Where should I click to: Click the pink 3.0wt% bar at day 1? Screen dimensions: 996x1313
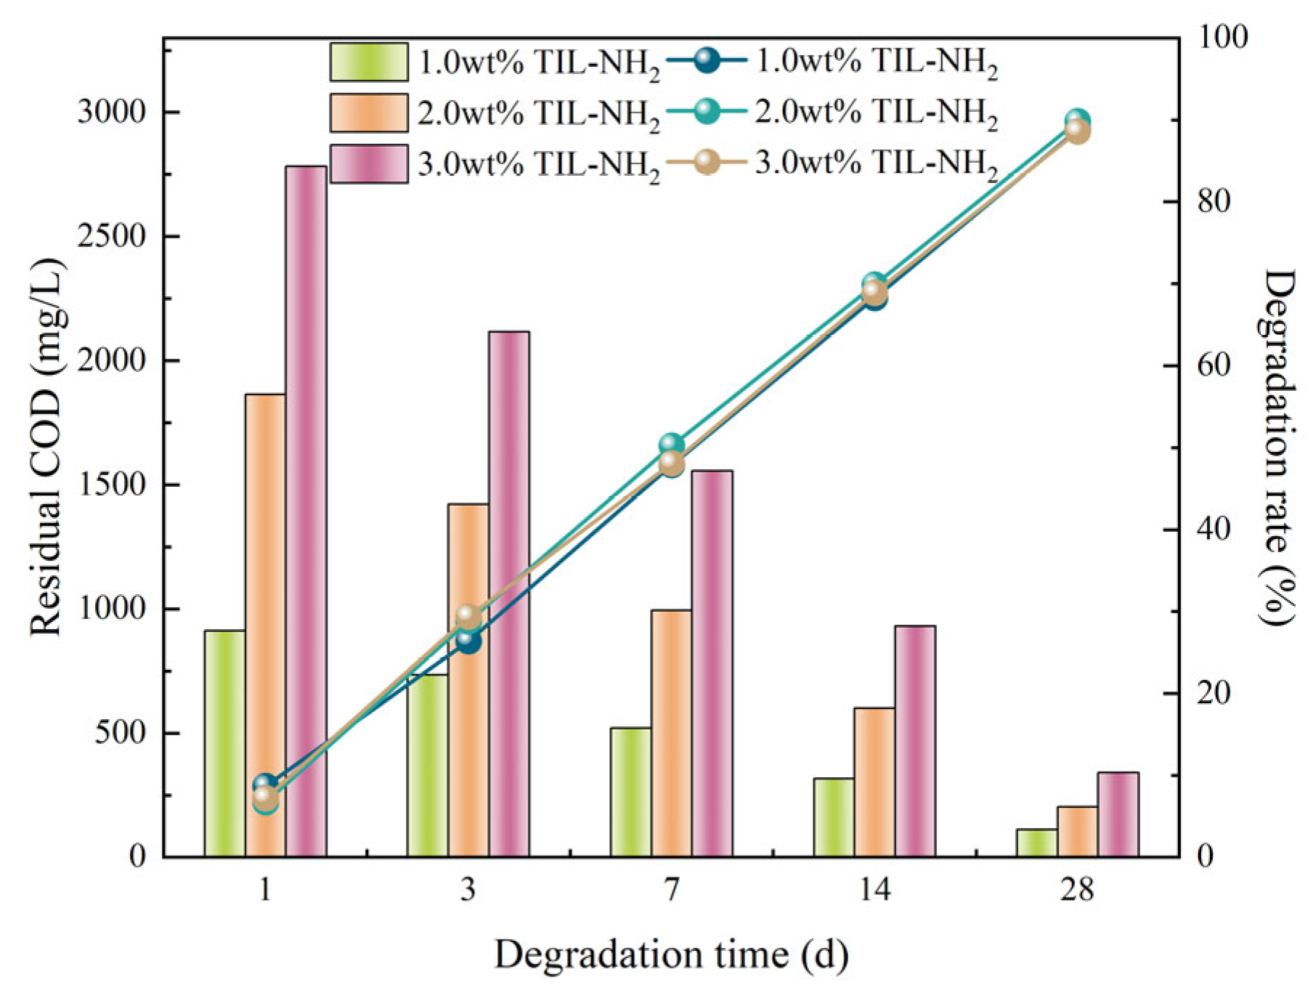(306, 509)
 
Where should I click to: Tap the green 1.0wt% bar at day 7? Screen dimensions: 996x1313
(630, 792)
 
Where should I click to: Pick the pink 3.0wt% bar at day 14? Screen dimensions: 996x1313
(915, 741)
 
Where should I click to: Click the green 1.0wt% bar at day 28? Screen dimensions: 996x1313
(1036, 843)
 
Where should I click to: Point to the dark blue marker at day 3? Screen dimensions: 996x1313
(468, 641)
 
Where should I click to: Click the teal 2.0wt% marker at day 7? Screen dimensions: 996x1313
(672, 445)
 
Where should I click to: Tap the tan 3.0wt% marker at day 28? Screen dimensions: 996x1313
(1077, 131)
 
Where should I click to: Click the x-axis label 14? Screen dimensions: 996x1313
(874, 889)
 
